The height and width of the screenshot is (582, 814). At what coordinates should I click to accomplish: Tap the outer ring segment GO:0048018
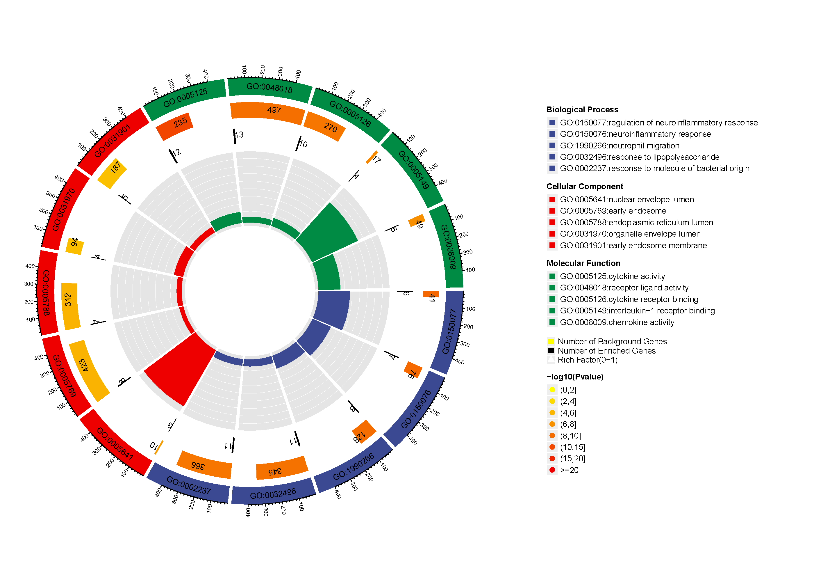tap(269, 88)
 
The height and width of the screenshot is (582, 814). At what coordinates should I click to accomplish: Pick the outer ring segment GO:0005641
tap(115, 444)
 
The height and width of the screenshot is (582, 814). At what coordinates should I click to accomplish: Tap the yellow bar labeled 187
tap(112, 173)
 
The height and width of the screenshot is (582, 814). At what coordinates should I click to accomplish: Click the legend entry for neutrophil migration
tap(619, 146)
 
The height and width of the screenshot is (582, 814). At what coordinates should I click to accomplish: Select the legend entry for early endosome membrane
tap(633, 246)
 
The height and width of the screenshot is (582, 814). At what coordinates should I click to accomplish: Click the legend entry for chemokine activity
tap(617, 322)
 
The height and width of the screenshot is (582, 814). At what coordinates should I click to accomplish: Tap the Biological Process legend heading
tap(582, 110)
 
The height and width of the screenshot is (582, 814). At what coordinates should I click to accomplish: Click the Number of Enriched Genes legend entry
tap(606, 351)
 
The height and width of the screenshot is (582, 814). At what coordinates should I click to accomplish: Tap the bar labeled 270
tap(325, 126)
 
